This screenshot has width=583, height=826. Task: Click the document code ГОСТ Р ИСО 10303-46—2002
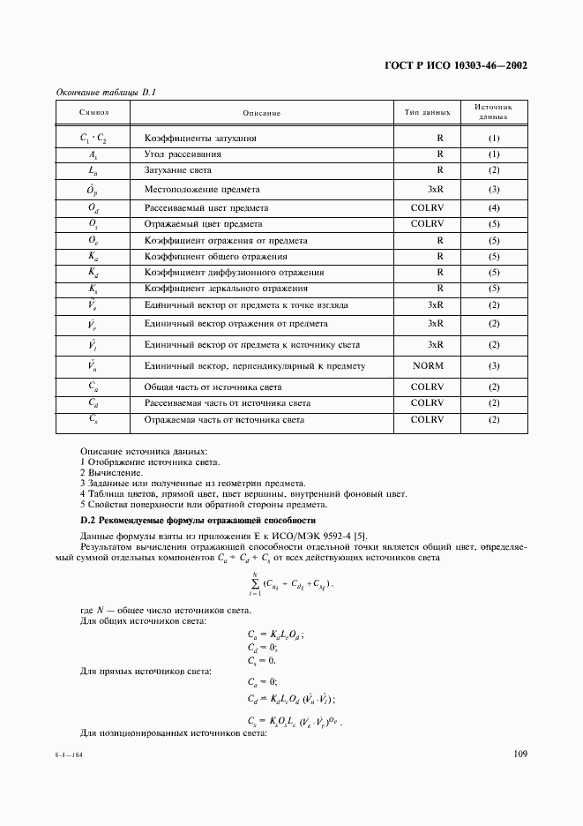(x=457, y=66)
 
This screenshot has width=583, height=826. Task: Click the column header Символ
(x=93, y=113)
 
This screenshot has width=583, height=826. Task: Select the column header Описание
(x=261, y=113)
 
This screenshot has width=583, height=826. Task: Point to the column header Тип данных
(x=427, y=113)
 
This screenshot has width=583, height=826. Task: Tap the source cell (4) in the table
(x=494, y=207)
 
